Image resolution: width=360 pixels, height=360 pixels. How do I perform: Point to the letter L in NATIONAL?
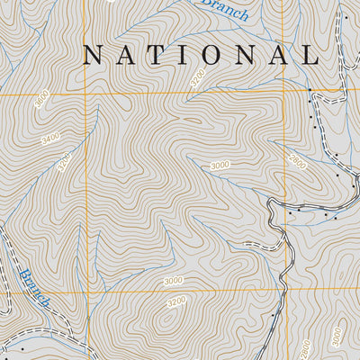(x=311, y=55)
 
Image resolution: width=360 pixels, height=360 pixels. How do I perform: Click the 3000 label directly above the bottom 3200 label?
(x=173, y=281)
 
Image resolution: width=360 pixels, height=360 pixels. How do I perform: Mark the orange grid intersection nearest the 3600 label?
(x=86, y=93)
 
